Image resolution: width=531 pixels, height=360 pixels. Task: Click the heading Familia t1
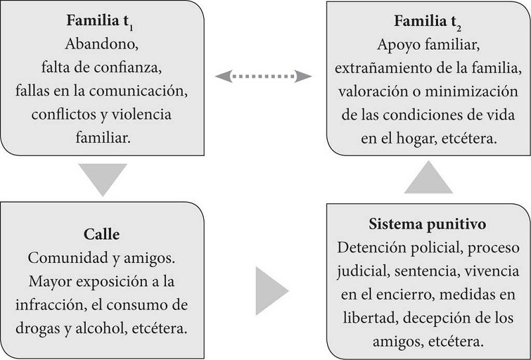[x=101, y=21]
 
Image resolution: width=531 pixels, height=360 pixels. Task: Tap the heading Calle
[x=101, y=234]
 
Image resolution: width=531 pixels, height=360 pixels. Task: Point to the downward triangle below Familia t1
[x=101, y=177]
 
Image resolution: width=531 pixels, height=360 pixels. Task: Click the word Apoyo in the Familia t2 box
[x=397, y=46]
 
